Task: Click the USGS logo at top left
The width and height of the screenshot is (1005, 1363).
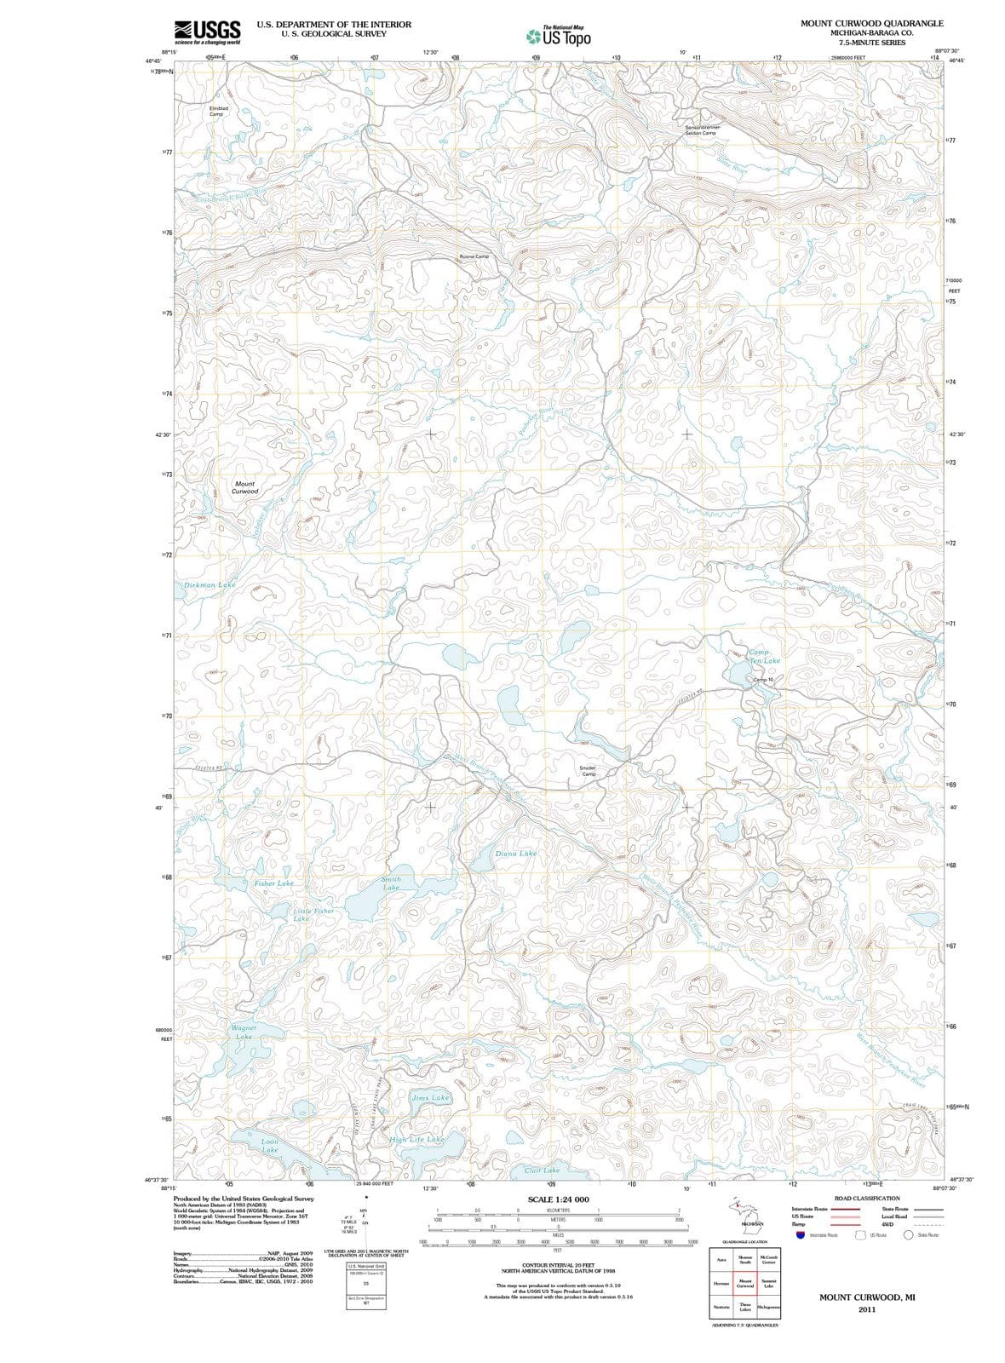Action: coord(207,32)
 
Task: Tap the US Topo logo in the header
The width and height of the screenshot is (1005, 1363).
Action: coord(558,36)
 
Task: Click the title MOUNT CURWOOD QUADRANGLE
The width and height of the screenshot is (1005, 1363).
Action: coord(871,23)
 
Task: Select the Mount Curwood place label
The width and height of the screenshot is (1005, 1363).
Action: coord(244,487)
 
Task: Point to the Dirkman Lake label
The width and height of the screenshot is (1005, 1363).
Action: coord(210,585)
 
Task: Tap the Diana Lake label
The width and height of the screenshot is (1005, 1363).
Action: coord(516,854)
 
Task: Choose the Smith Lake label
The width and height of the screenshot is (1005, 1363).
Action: coord(391,883)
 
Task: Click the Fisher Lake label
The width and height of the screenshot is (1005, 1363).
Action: coord(273,883)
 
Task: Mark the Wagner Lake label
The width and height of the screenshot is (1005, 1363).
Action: coord(244,1032)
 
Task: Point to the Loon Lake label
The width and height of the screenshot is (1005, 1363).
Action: coord(269,1146)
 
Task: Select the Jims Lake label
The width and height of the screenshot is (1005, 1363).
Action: coord(430,1098)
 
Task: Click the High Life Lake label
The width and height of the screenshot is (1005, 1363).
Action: coord(416,1139)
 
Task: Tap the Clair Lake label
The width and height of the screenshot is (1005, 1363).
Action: coord(542,1170)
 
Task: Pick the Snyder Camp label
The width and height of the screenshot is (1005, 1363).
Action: coord(588,770)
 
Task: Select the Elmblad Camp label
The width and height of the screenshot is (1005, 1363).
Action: coord(216,112)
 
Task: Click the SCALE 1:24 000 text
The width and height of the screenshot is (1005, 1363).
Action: coord(558,1199)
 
